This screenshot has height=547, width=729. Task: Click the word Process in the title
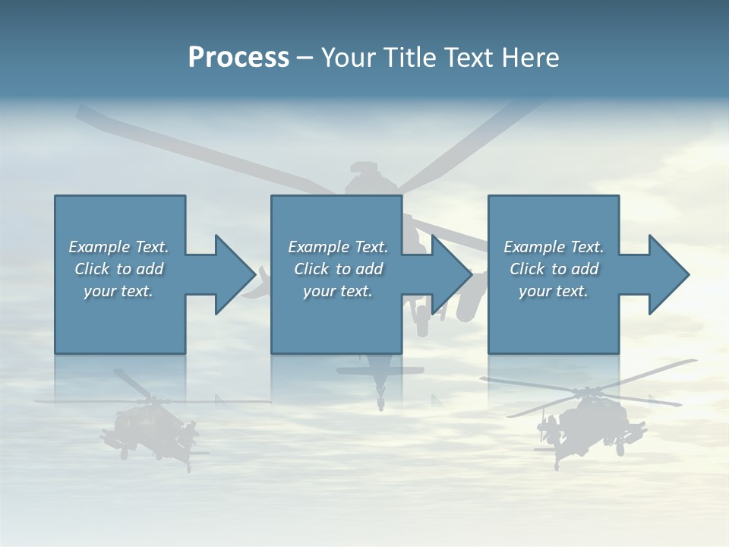click(x=238, y=58)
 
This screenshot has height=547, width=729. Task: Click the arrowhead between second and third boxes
click(x=451, y=274)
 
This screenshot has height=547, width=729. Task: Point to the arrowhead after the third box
click(x=668, y=274)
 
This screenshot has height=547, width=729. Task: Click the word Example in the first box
click(x=99, y=247)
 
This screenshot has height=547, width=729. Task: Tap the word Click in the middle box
click(x=311, y=269)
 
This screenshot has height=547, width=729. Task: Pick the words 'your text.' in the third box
click(x=553, y=291)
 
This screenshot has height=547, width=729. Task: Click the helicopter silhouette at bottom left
click(x=148, y=425)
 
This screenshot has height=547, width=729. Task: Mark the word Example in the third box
click(x=534, y=247)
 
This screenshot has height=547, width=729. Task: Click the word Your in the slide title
click(x=349, y=58)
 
